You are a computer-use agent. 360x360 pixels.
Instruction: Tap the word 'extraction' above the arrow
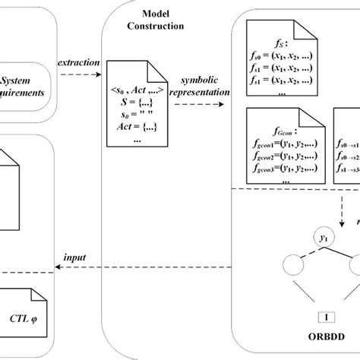click(77, 63)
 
